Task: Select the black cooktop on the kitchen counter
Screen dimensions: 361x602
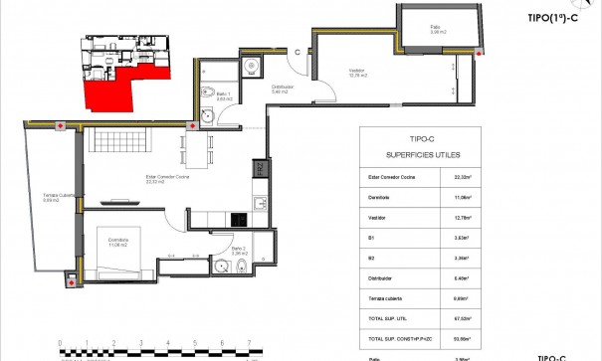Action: click(240, 219)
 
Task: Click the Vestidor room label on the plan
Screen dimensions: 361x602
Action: click(357, 72)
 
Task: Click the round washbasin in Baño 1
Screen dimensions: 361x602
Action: click(207, 116)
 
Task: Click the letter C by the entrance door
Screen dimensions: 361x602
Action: click(298, 54)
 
